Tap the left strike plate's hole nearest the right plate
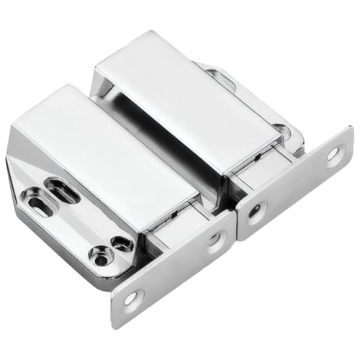215,240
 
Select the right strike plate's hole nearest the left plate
254,212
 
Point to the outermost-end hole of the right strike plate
333,153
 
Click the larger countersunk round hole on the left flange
102,253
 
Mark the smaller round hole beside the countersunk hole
122,243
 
